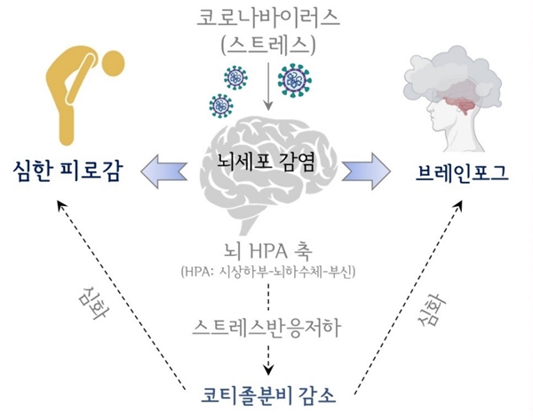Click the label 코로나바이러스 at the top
tap(267, 18)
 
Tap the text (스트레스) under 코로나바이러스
tap(267, 43)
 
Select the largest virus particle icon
tap(294, 80)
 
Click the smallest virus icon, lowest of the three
tap(221, 106)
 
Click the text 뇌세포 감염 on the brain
tap(267, 163)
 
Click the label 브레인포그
tap(462, 169)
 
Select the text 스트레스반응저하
tap(267, 325)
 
